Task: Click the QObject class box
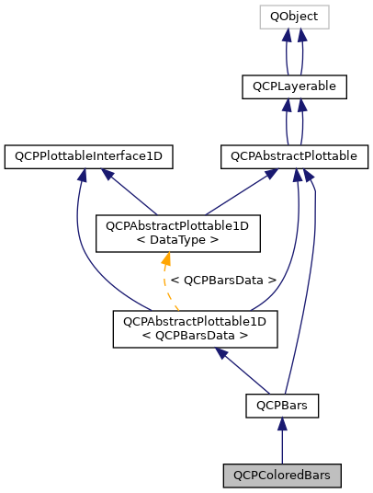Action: point(294,17)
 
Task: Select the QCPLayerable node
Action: point(294,87)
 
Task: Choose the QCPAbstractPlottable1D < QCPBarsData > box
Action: point(194,328)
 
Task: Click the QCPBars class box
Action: point(281,404)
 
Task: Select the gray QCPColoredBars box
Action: point(281,475)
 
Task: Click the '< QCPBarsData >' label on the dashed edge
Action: point(224,280)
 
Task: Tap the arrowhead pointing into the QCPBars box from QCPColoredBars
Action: point(281,425)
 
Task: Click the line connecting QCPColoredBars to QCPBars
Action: point(281,446)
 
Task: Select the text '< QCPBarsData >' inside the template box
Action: point(194,336)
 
